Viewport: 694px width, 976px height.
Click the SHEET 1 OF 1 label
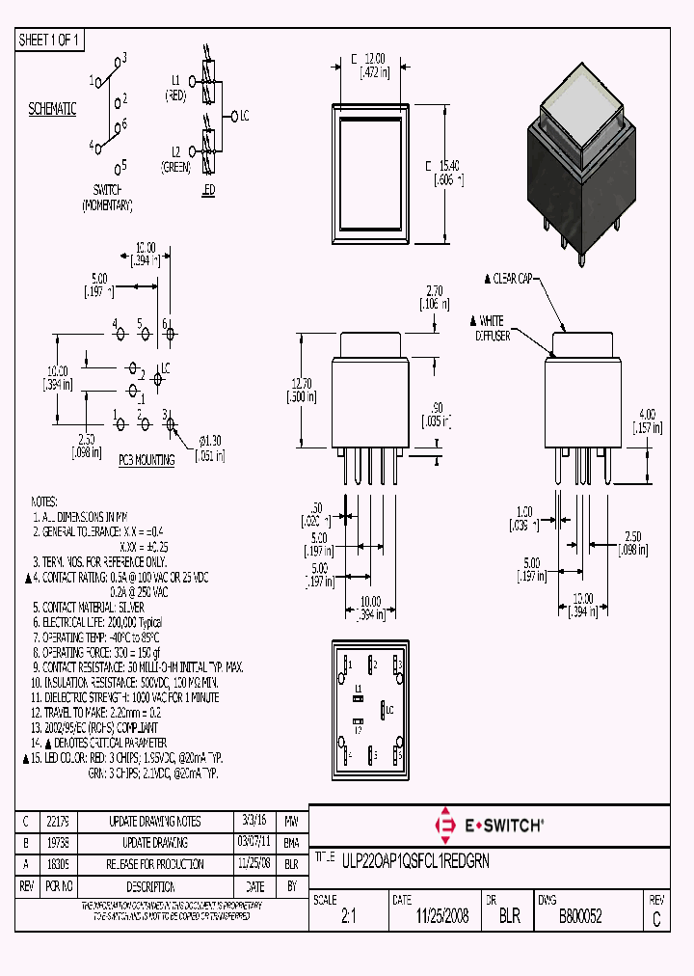pos(51,41)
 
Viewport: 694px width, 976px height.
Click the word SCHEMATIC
pos(52,109)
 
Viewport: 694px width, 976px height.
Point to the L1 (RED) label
pos(175,87)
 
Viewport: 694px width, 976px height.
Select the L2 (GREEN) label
pos(175,159)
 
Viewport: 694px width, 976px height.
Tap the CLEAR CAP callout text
pos(512,279)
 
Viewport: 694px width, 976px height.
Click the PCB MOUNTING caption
pos(147,460)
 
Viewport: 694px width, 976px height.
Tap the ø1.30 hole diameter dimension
pos(210,446)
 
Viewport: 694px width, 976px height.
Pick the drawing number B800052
pos(580,916)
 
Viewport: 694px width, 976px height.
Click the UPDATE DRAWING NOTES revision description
pos(154,822)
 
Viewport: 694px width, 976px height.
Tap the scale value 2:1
pos(349,916)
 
